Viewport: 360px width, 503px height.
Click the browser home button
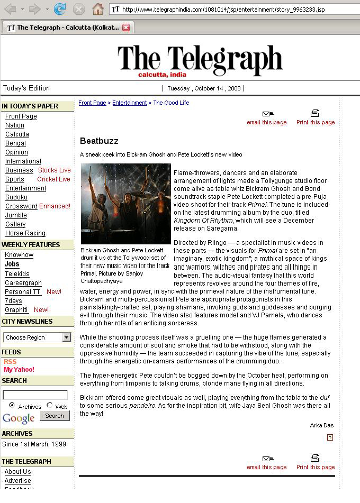click(97, 9)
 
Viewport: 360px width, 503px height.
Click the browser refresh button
click(60, 9)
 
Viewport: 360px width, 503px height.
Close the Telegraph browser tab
click(126, 28)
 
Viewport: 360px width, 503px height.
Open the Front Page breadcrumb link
click(92, 103)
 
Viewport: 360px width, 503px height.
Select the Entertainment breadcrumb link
click(129, 103)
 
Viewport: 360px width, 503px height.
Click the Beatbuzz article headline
click(99, 141)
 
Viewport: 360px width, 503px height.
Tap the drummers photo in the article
click(125, 204)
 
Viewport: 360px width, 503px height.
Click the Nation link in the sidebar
click(15, 125)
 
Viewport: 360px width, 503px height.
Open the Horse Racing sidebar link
click(25, 233)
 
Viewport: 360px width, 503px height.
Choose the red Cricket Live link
click(53, 179)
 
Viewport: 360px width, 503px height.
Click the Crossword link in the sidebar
click(21, 206)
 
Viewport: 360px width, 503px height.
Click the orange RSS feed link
click(10, 362)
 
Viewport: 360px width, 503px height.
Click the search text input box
click(35, 395)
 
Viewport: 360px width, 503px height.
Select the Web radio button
click(50, 406)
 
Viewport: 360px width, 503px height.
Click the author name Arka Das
click(322, 425)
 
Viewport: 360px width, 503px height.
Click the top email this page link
click(267, 122)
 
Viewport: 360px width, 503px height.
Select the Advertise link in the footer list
click(18, 481)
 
